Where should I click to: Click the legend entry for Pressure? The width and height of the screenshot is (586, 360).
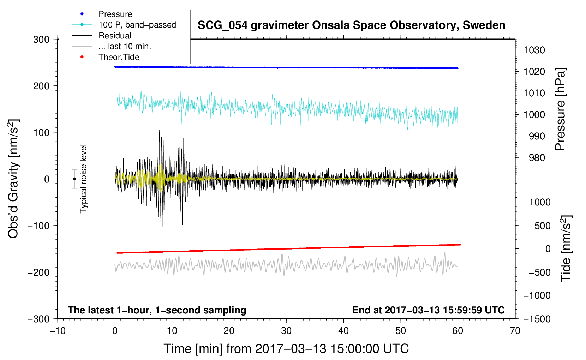pos(115,14)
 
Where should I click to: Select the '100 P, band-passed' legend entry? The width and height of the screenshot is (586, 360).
pos(137,25)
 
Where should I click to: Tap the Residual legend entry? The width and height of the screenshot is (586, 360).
pos(115,36)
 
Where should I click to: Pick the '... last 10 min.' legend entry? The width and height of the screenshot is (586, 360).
pos(125,46)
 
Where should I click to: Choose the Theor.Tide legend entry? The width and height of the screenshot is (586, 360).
pos(119,57)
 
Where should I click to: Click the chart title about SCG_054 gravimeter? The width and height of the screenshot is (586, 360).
pos(351,25)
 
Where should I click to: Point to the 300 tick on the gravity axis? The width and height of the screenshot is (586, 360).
pos(41,40)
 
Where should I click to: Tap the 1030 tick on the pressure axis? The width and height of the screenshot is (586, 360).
pos(534,50)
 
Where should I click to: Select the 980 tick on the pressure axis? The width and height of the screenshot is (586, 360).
pos(537,158)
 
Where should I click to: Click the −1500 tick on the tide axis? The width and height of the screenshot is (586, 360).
pos(537,319)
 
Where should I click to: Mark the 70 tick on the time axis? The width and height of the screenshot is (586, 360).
pos(515,331)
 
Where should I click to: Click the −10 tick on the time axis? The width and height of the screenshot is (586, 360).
pos(58,331)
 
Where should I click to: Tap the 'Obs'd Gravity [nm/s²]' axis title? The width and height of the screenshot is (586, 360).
pos(13,179)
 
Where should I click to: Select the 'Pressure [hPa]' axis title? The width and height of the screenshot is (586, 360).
pos(560,109)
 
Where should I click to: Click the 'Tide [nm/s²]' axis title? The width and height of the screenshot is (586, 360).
pos(566,248)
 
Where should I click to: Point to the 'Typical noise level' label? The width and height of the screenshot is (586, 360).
pos(83,179)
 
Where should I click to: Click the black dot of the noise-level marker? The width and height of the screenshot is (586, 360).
pos(74,179)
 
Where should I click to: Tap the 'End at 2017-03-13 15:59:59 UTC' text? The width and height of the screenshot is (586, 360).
pos(428,310)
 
